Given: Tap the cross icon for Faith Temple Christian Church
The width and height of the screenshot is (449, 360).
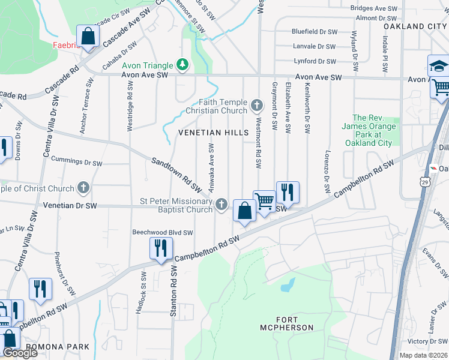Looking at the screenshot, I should (257, 106).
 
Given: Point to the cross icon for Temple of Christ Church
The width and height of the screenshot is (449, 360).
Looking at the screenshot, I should (83, 188).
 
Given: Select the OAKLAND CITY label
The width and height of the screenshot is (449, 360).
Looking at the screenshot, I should (415, 27).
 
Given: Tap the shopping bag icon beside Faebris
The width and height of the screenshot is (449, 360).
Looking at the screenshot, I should (88, 37).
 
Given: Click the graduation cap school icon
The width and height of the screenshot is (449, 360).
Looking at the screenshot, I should (439, 67).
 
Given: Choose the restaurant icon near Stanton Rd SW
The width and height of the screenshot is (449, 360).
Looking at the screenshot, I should (160, 248).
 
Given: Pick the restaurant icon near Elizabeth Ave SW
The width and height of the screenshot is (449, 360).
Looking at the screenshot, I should (288, 193).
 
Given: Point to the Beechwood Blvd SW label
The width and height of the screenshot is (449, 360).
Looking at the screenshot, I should (163, 232).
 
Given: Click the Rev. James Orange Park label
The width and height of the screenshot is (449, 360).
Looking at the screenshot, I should (369, 130).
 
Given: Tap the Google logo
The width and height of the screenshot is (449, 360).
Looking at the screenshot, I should (19, 352).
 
